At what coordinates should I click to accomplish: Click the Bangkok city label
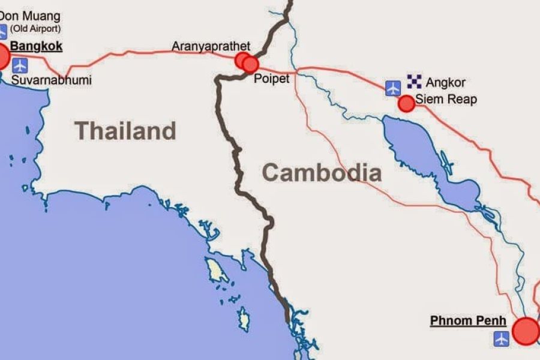coord(37,46)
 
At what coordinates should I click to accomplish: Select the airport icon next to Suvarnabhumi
coord(20,65)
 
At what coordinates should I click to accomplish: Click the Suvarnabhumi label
coord(51,80)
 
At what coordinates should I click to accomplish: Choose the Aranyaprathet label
coord(211,46)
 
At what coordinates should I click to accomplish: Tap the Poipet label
coord(271,79)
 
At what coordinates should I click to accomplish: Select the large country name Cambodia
coord(322,173)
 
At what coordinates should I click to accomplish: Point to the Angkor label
coord(445,82)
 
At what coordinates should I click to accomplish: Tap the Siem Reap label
coord(446,99)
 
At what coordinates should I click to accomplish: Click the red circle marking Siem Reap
coord(407,103)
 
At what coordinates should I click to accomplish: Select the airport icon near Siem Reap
coord(393,88)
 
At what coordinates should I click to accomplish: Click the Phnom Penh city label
coord(468,321)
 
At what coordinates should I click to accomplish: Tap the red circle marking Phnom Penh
coord(526,331)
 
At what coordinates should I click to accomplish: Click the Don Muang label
coord(30,16)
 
